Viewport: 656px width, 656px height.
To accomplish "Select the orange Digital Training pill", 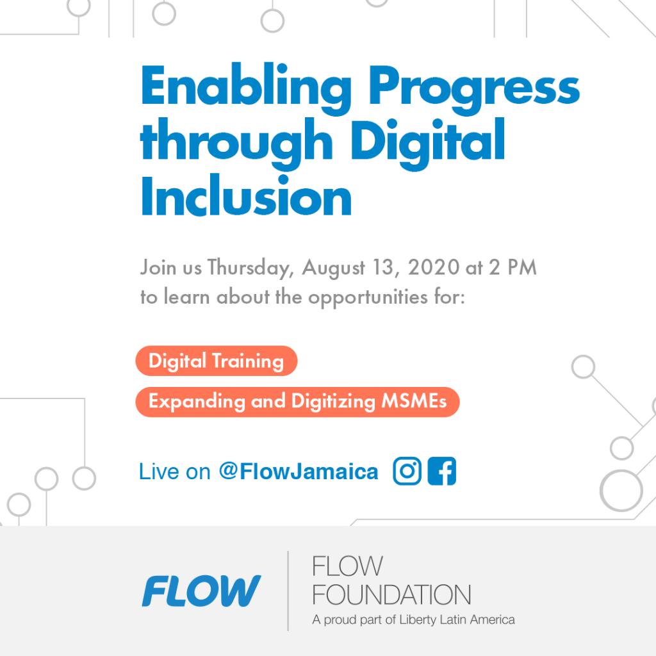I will tap(216, 361).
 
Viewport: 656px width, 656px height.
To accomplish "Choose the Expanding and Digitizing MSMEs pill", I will tap(297, 402).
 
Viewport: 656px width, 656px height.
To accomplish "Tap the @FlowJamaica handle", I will tap(298, 472).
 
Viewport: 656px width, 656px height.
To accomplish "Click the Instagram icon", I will tap(407, 473).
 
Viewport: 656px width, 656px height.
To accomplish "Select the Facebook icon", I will tap(442, 473).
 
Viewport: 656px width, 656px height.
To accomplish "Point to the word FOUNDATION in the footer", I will tap(391, 594).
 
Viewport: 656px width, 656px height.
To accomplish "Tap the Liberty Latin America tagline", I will tap(413, 619).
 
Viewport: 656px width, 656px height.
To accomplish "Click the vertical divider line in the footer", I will tap(288, 590).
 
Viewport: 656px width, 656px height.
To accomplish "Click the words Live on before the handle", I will tap(174, 473).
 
